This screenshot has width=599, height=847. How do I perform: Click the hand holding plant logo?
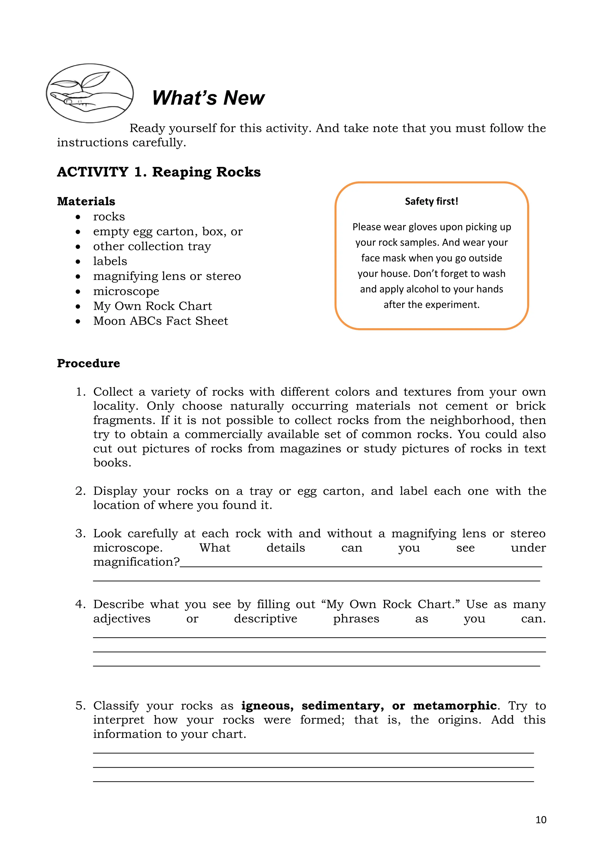point(89,93)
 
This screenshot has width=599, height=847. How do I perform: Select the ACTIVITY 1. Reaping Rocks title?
point(159,172)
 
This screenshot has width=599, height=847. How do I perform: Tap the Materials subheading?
point(86,202)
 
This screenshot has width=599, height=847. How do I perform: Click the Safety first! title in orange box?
point(431,202)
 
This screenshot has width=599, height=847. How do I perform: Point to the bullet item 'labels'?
point(110,261)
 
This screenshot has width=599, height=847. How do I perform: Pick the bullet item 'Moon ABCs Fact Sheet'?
point(161,321)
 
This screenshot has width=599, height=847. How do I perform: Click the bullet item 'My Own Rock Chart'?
point(152,306)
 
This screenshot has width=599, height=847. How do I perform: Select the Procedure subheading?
point(89,363)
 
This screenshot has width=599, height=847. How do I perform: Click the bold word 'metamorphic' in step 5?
point(455,705)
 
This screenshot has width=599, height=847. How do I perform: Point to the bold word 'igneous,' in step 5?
point(267,705)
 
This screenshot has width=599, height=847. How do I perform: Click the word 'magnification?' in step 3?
point(136,562)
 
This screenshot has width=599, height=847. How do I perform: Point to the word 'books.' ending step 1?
point(112,463)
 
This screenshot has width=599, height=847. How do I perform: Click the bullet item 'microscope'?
point(126,291)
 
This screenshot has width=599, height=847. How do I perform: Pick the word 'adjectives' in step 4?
point(122,619)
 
